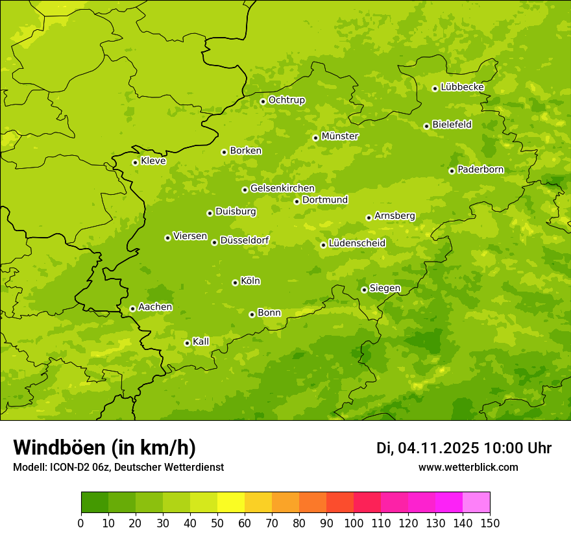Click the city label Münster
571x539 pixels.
tap(339, 136)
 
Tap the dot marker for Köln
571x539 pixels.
tap(235, 282)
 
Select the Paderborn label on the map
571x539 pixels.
tap(480, 169)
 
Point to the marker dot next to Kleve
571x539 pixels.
tap(135, 162)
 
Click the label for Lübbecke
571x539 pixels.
tap(462, 87)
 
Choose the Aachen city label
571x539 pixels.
tap(155, 307)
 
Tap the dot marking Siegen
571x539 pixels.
tap(364, 290)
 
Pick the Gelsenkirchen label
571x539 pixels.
tap(282, 188)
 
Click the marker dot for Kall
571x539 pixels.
tap(187, 343)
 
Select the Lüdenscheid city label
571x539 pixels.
tap(357, 244)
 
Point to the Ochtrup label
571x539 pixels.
tap(286, 100)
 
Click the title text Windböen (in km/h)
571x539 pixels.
tap(104, 447)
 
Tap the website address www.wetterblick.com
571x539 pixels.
tap(468, 468)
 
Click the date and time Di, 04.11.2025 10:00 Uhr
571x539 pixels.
tap(464, 448)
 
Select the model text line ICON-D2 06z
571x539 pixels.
tap(118, 468)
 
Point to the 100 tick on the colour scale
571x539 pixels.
tap(354, 523)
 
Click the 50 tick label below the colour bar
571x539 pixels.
tap(217, 523)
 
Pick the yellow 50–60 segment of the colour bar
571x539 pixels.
tap(231, 503)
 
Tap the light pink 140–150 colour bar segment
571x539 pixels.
tap(476, 503)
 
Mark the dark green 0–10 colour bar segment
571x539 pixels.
tap(95, 503)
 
